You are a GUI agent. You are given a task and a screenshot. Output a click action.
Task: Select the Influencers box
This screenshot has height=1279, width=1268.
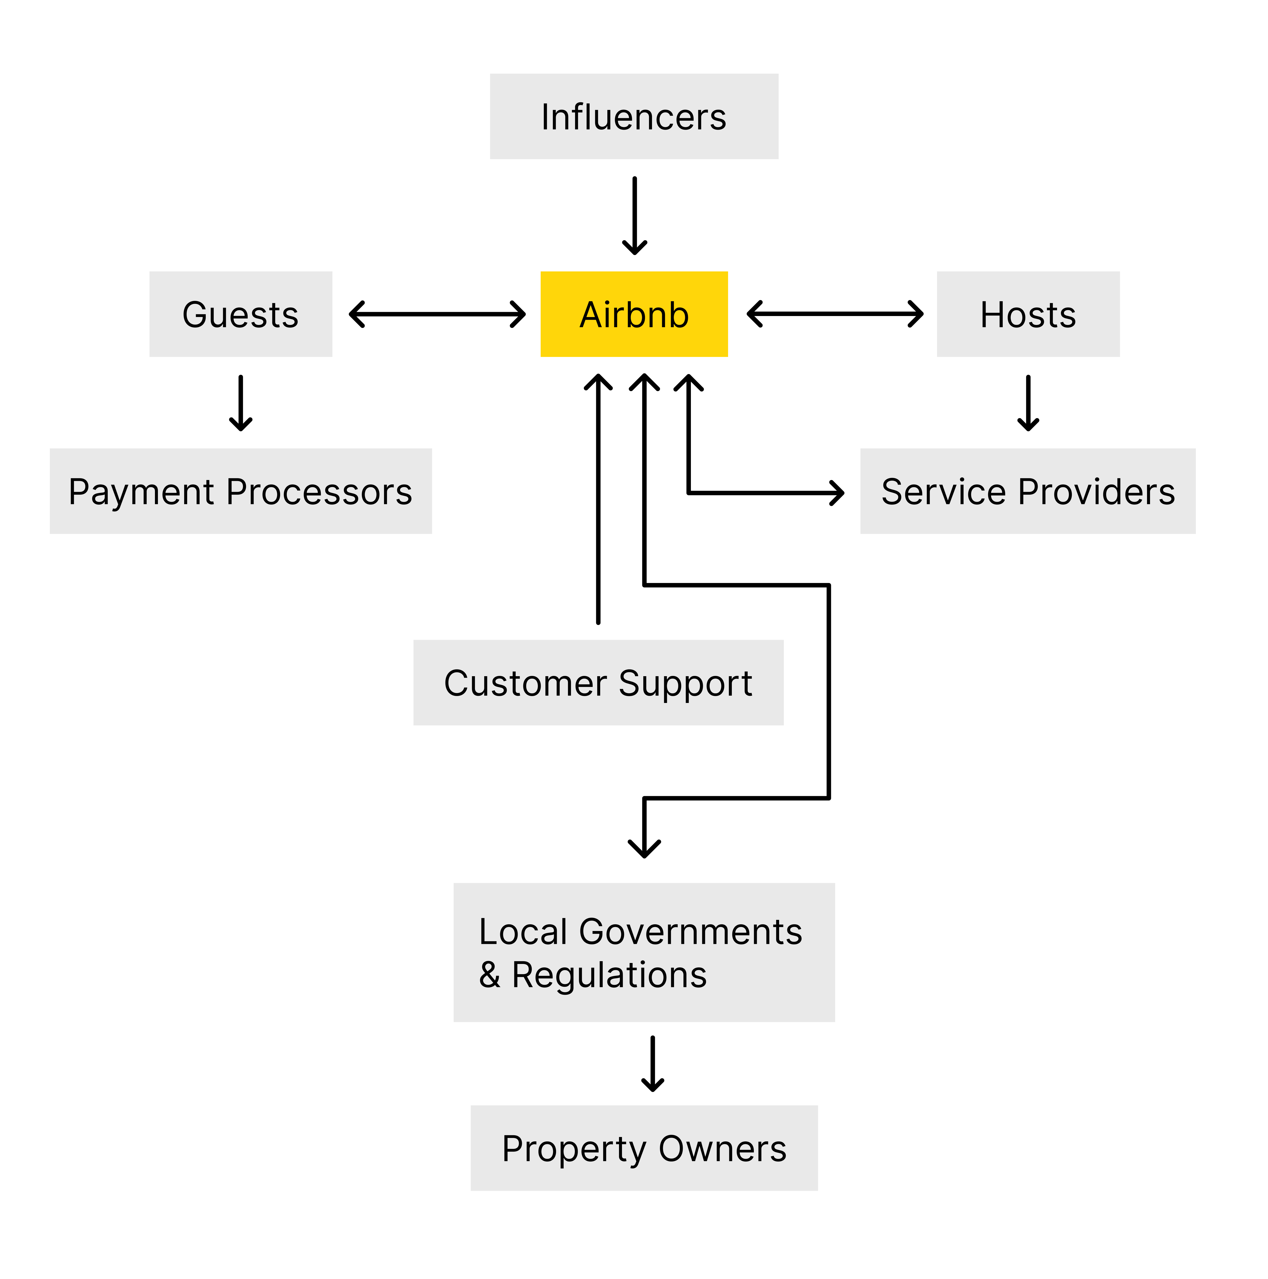pyautogui.click(x=634, y=116)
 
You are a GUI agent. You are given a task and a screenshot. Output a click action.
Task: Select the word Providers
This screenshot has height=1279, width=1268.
pyautogui.click(x=1096, y=492)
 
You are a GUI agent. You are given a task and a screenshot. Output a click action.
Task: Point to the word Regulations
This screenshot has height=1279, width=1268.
pyautogui.click(x=609, y=975)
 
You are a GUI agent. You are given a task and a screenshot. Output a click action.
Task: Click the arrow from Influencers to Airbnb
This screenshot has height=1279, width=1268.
pyautogui.click(x=634, y=216)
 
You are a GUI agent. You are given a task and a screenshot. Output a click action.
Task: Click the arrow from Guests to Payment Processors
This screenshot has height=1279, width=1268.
pyautogui.click(x=240, y=403)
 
